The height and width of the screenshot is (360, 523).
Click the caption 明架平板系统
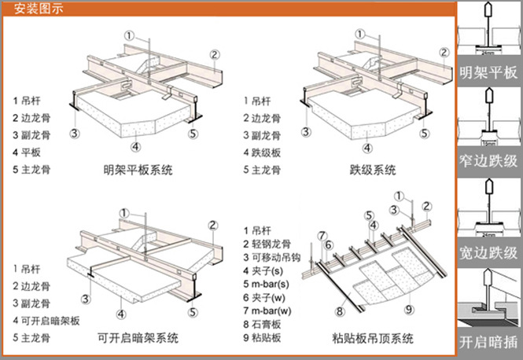click(x=138, y=170)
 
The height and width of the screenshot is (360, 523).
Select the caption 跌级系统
click(x=372, y=170)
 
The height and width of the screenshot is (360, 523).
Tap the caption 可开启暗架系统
click(x=138, y=339)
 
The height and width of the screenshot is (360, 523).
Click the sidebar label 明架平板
click(x=488, y=73)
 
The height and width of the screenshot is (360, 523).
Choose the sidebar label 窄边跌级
click(x=488, y=161)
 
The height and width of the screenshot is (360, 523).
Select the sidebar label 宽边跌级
click(x=488, y=252)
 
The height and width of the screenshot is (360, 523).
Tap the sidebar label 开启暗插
click(x=488, y=343)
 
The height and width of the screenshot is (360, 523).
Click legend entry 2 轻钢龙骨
click(x=271, y=244)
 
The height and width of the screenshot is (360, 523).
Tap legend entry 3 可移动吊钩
click(x=276, y=259)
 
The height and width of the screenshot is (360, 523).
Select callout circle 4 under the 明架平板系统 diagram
click(x=135, y=145)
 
